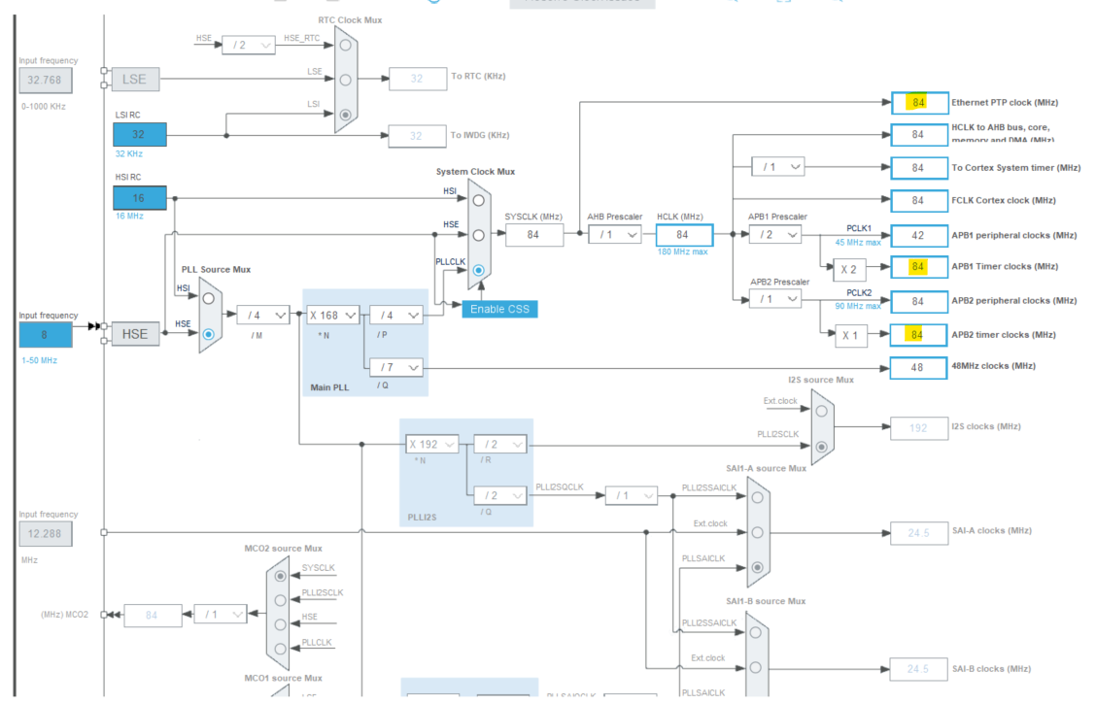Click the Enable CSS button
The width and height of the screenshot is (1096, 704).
click(499, 309)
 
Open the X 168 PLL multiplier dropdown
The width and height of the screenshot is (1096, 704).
click(332, 315)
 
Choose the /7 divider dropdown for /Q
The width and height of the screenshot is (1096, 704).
click(395, 367)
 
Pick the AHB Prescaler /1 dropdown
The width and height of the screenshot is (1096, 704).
click(614, 234)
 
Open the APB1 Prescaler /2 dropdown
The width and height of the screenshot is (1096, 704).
click(775, 234)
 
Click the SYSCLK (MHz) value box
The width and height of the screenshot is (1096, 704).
click(533, 234)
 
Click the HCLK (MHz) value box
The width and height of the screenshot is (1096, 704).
click(684, 234)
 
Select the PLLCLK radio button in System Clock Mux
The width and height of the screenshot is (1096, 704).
click(478, 271)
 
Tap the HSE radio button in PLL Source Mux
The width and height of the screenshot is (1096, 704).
click(208, 334)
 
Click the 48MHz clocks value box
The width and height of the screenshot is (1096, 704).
click(918, 367)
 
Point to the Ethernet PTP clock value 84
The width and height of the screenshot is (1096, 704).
click(918, 102)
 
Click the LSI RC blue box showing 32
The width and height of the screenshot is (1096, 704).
click(140, 135)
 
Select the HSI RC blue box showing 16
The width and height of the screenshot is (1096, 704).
click(140, 198)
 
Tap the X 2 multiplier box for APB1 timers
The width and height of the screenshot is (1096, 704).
click(850, 266)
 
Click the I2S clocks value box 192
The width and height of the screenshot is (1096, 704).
click(918, 427)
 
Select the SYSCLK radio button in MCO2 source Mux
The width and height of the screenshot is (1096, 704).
click(281, 575)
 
